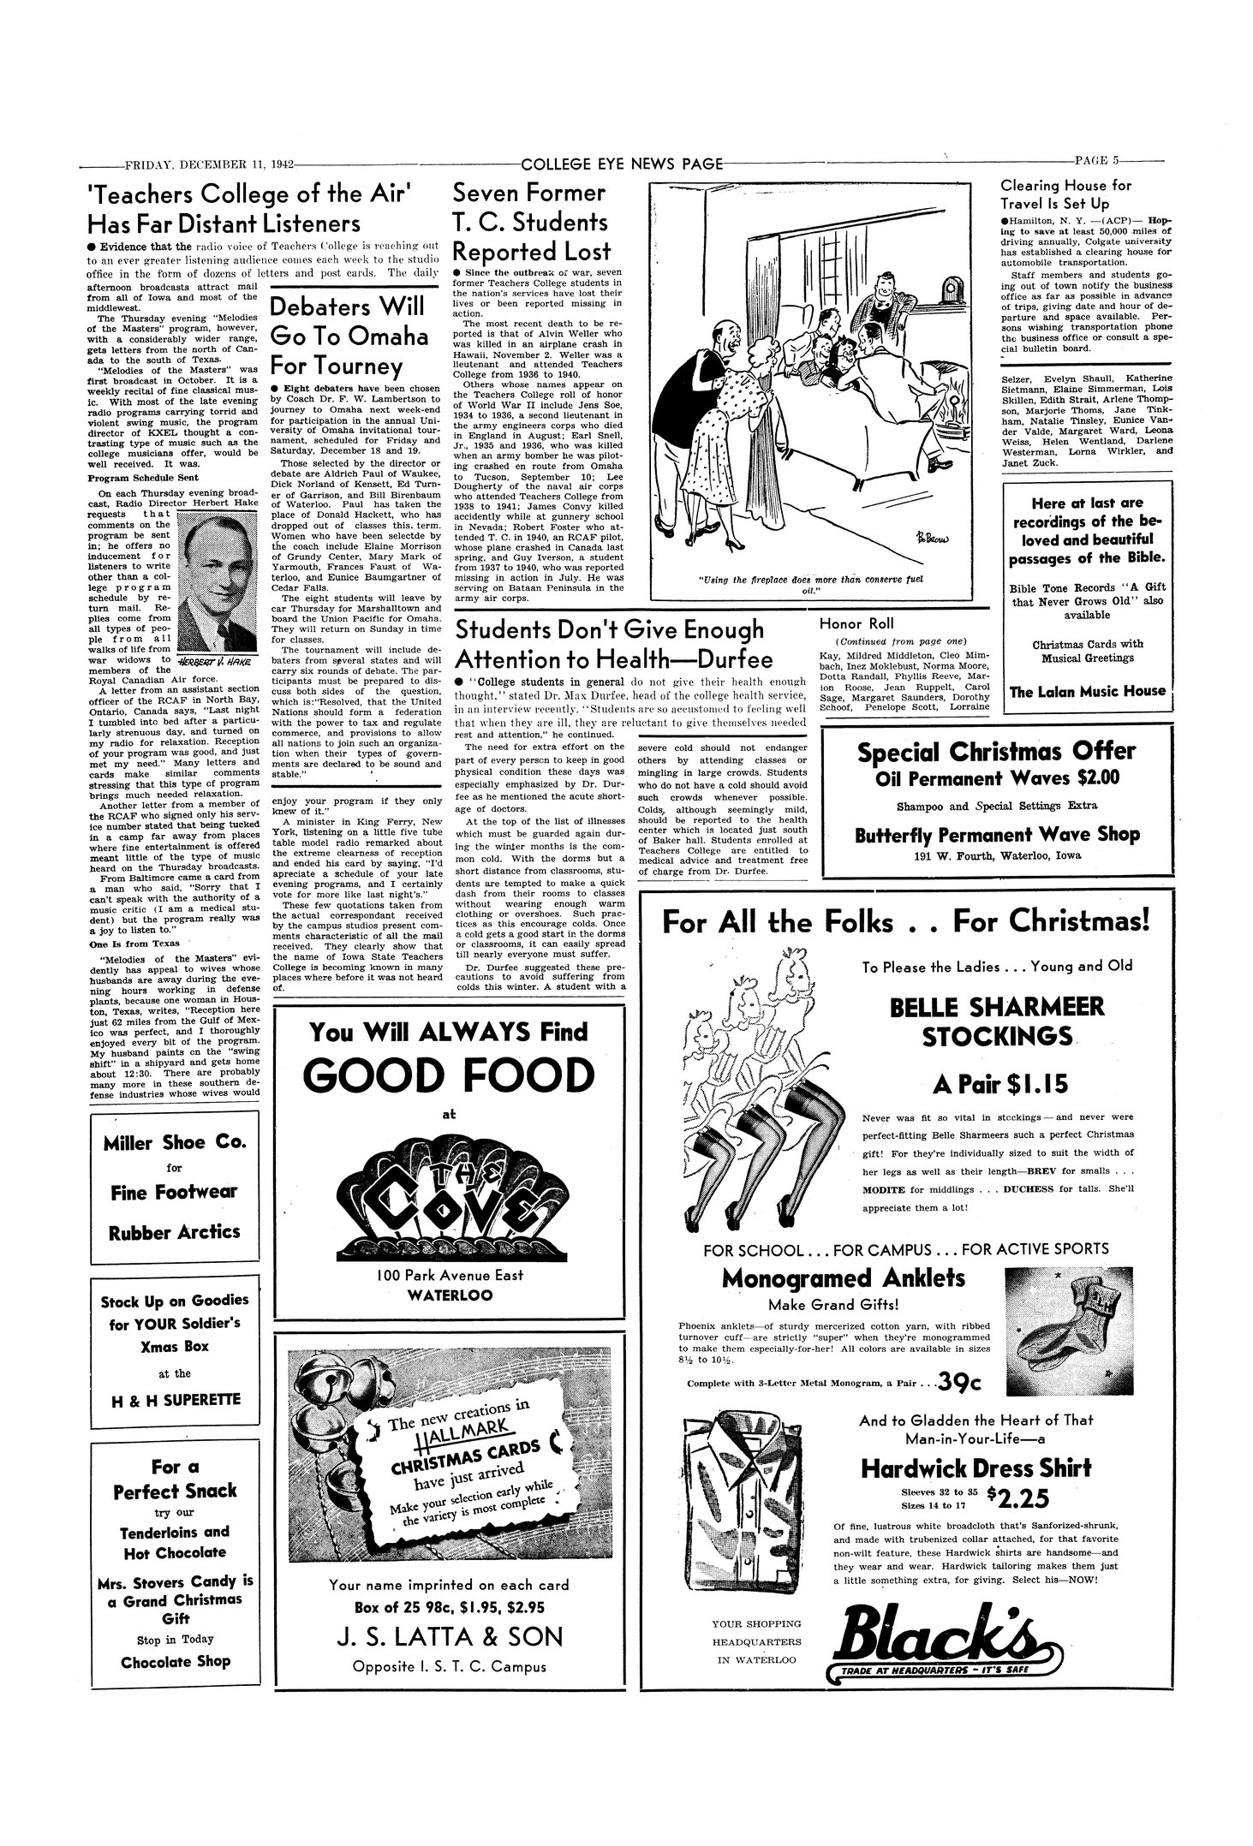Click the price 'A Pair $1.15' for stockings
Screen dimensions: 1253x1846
[999, 1085]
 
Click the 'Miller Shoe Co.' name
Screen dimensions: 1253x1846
[174, 1142]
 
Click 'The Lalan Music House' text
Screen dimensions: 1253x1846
[1087, 691]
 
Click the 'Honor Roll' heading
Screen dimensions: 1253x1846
[856, 622]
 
